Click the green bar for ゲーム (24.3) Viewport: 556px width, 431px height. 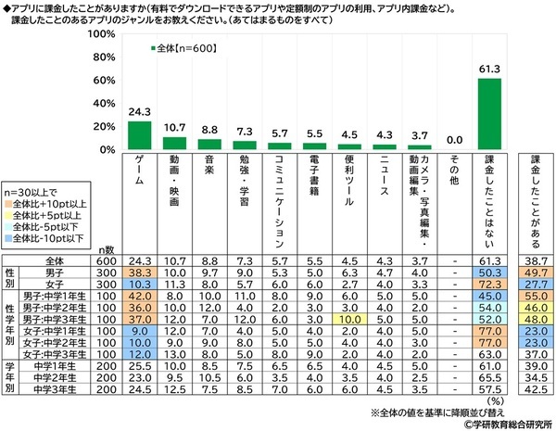(139, 134)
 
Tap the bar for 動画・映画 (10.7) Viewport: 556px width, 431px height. (174, 143)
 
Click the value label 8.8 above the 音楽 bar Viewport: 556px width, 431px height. (208, 131)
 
